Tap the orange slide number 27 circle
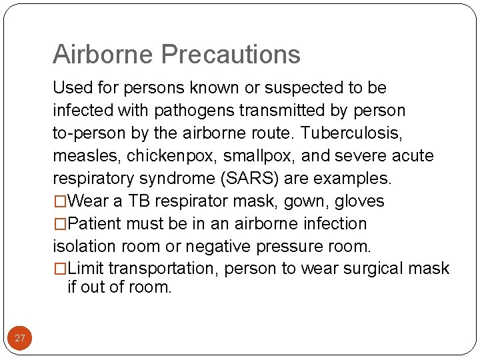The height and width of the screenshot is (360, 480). tap(20, 338)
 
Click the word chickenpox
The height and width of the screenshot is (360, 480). tap(159, 156)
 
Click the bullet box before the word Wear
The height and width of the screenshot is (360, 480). tap(60, 201)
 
